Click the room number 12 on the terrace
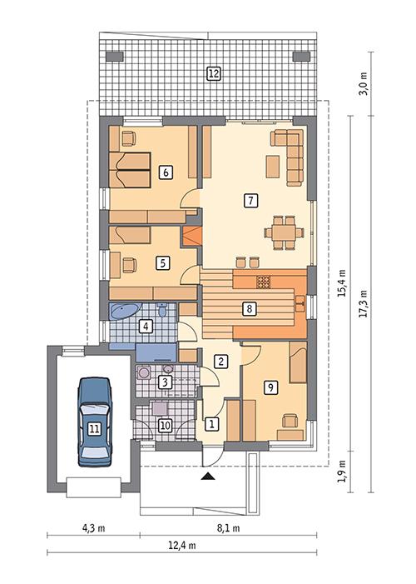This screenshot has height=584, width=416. pyautogui.click(x=214, y=73)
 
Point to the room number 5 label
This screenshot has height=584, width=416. pyautogui.click(x=163, y=263)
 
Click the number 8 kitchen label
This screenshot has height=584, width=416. pyautogui.click(x=248, y=309)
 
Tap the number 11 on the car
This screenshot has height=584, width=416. pyautogui.click(x=94, y=429)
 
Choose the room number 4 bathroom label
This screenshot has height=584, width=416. pyautogui.click(x=146, y=326)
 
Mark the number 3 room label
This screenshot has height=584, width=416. pyautogui.click(x=165, y=382)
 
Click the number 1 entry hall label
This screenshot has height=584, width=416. pyautogui.click(x=212, y=424)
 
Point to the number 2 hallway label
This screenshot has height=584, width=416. pyautogui.click(x=220, y=362)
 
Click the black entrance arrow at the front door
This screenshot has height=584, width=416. pyautogui.click(x=206, y=476)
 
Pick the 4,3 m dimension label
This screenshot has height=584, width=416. pyautogui.click(x=92, y=527)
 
